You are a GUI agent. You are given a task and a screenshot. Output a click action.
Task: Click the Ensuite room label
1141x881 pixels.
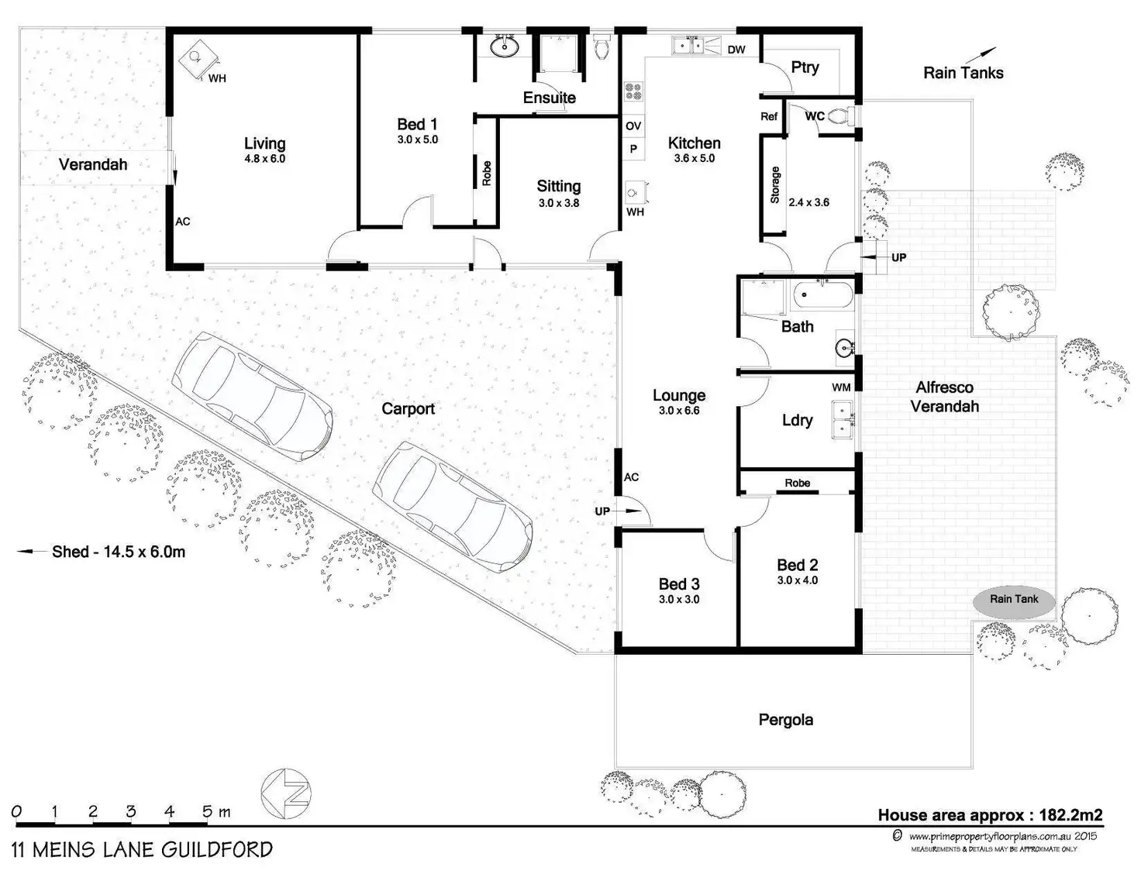550,98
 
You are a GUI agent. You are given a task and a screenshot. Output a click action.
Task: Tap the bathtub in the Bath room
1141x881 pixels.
822,295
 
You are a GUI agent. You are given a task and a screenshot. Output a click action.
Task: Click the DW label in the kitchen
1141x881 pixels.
736,50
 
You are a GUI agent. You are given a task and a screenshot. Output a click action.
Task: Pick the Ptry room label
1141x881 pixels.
805,67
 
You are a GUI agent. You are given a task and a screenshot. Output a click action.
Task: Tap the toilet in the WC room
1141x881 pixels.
842,115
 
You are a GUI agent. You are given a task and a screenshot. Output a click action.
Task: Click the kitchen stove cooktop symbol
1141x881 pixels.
633,92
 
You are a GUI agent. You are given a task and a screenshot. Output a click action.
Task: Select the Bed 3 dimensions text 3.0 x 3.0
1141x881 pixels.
679,599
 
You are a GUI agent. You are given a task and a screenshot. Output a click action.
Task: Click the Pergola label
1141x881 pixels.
785,720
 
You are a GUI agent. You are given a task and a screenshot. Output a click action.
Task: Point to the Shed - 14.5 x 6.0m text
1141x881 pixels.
119,552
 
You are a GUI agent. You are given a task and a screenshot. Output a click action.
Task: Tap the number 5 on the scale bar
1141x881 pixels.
208,812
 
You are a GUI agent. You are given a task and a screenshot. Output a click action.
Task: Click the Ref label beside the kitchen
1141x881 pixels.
769,116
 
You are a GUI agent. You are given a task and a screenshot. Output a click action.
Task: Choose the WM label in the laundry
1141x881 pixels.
841,387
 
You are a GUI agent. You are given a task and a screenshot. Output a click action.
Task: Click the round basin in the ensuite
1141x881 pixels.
505,46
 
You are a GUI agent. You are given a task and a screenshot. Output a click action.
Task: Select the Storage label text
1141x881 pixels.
775,184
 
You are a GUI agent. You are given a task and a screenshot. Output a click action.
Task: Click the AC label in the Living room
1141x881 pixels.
183,222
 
